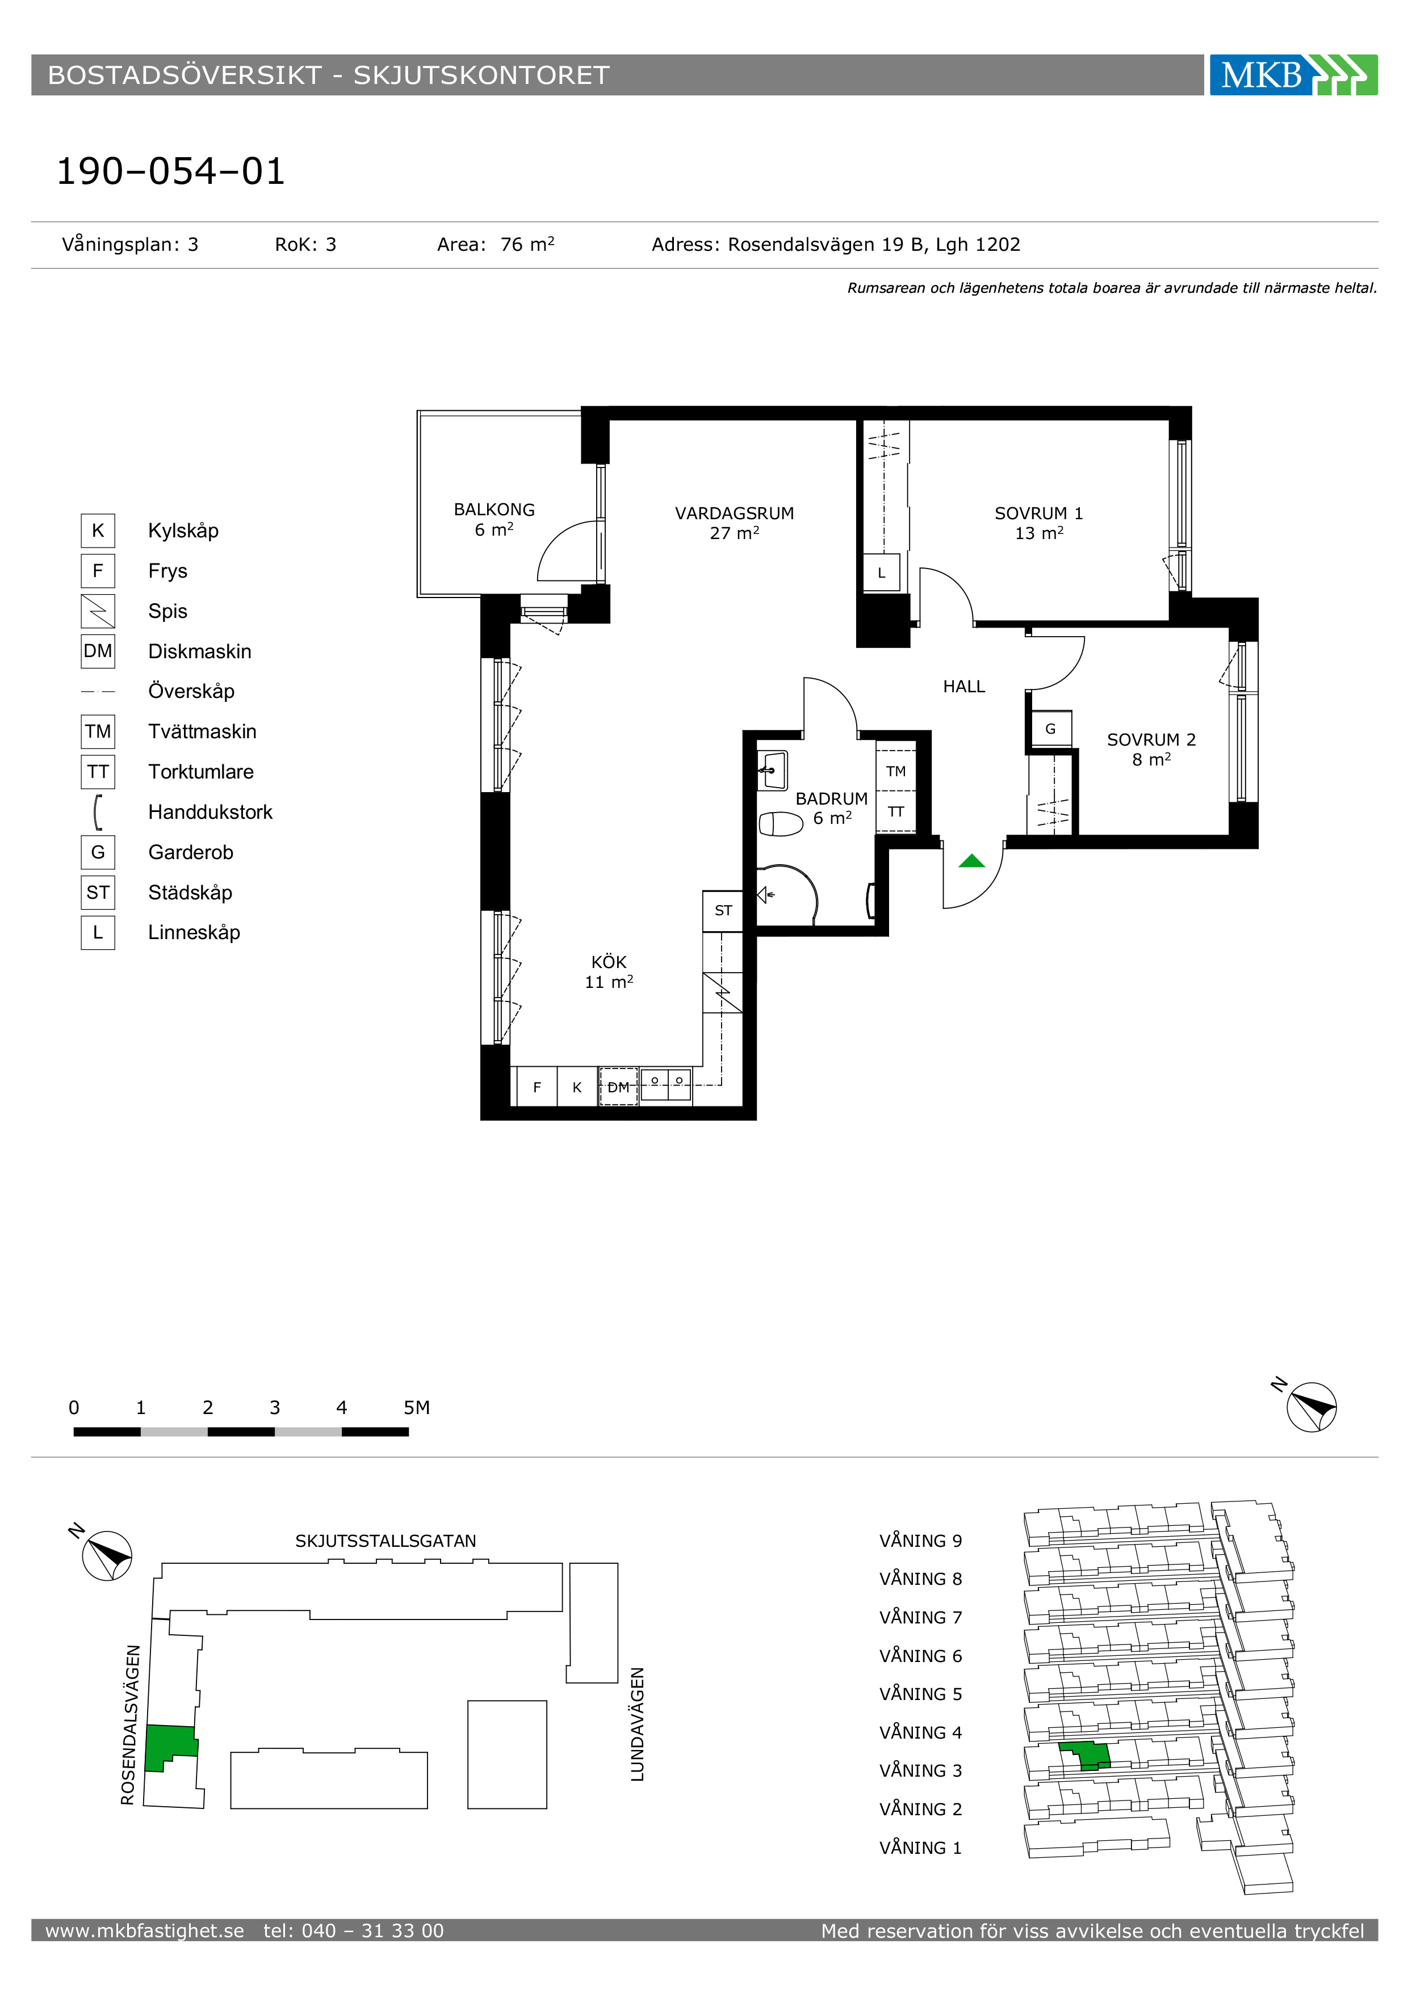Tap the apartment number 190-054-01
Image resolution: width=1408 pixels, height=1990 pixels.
pos(171,171)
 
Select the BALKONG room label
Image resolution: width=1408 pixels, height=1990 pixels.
pos(494,510)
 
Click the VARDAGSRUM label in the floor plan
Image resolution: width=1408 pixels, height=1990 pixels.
pos(734,513)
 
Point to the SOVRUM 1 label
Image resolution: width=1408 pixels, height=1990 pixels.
pos(1038,513)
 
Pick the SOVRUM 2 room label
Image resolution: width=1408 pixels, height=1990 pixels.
pos(1151,739)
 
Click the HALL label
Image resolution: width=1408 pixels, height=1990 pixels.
pos(964,687)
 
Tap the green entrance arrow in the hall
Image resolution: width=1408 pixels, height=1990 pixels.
pos(972,861)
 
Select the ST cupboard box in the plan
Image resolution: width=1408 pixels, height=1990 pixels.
pos(723,911)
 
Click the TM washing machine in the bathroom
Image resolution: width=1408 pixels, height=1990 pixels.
pos(895,771)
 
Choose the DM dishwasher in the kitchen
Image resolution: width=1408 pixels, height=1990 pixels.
pos(618,1087)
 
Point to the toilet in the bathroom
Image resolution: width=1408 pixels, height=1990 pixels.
pos(781,823)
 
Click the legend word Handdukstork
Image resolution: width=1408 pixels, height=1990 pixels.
pos(210,812)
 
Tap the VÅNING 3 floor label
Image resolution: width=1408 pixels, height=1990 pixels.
pos(921,1771)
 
